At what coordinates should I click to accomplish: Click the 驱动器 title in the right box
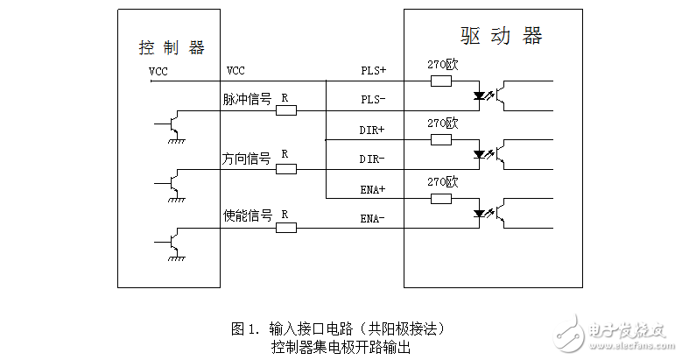click(501, 36)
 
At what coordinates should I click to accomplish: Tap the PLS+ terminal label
click(374, 69)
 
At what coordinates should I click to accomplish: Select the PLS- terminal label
click(374, 99)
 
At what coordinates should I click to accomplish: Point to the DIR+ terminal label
click(374, 129)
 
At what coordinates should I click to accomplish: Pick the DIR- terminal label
click(374, 159)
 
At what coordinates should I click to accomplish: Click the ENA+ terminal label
click(374, 188)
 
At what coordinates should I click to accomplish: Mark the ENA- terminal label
click(374, 218)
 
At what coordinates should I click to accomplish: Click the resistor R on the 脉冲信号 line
click(285, 110)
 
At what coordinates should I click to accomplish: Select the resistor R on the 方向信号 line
click(285, 169)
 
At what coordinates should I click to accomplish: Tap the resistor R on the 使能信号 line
click(285, 228)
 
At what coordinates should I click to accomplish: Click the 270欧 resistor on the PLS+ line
click(441, 81)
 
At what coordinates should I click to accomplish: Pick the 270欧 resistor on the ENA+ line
click(441, 199)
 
